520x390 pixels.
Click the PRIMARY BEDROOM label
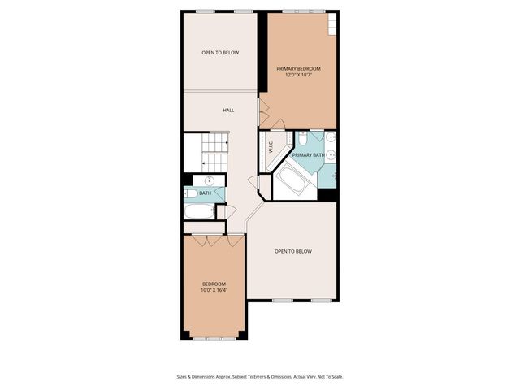tap(298, 69)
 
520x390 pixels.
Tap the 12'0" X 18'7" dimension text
tap(298, 76)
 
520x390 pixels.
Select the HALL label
tap(229, 110)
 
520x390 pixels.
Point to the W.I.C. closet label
tap(269, 148)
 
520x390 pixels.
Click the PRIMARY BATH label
tap(307, 154)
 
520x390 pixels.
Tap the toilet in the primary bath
tap(301, 139)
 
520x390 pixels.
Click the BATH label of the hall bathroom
tap(206, 193)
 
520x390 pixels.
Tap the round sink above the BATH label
tap(209, 180)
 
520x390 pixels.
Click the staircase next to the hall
tap(213, 151)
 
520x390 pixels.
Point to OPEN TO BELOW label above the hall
tap(220, 53)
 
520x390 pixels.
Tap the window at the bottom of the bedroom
tap(213, 337)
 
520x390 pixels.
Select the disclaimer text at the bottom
tap(260, 376)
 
